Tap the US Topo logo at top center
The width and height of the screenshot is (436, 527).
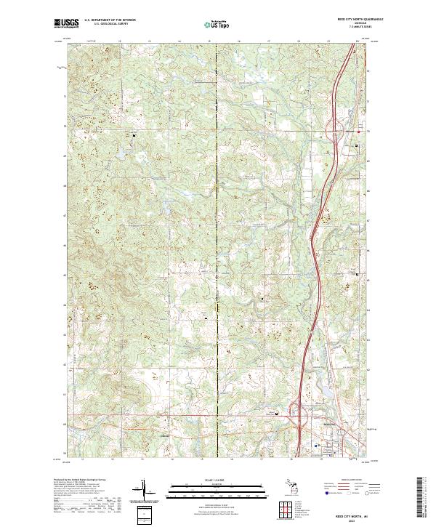click(218, 24)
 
